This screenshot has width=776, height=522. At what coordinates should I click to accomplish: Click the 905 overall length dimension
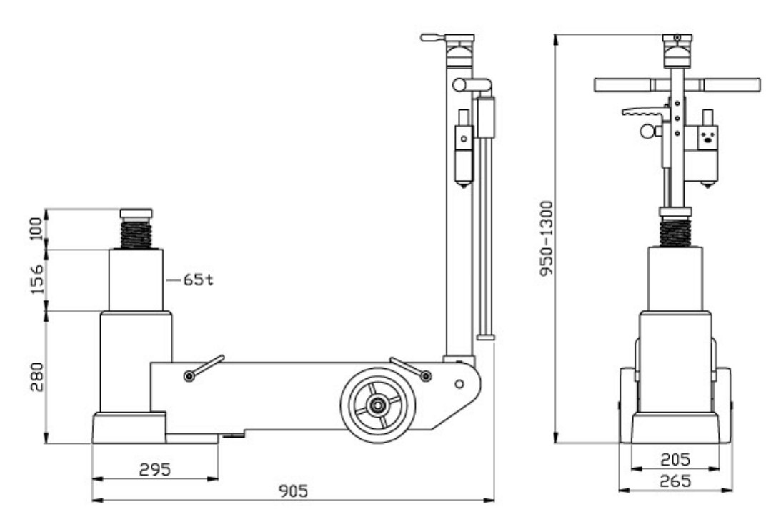tap(293, 491)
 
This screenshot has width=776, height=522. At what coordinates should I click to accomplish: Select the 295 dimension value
tap(155, 469)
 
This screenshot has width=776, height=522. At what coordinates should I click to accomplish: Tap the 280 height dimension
tap(37, 377)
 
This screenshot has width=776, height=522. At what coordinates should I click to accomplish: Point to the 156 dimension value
tap(37, 280)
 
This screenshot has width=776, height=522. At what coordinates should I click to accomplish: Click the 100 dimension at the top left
tap(37, 228)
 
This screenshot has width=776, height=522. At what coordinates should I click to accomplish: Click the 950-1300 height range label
tap(547, 239)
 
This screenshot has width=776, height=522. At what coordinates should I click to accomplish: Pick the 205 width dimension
tap(675, 460)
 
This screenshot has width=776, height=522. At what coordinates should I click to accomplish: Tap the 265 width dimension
tap(675, 481)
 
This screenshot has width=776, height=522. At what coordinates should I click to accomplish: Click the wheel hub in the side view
tap(378, 405)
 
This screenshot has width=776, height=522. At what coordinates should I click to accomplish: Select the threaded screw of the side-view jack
tap(136, 234)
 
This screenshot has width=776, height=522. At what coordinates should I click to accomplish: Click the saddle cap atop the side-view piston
tap(136, 214)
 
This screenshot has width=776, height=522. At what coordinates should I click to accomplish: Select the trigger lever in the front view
tap(643, 112)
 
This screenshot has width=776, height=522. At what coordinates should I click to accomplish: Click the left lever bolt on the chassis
tap(189, 376)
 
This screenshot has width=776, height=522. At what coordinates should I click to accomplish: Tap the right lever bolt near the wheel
tap(426, 376)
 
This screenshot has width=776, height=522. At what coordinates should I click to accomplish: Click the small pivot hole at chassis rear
tap(459, 384)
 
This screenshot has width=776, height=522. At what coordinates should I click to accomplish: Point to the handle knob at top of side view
tap(433, 38)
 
